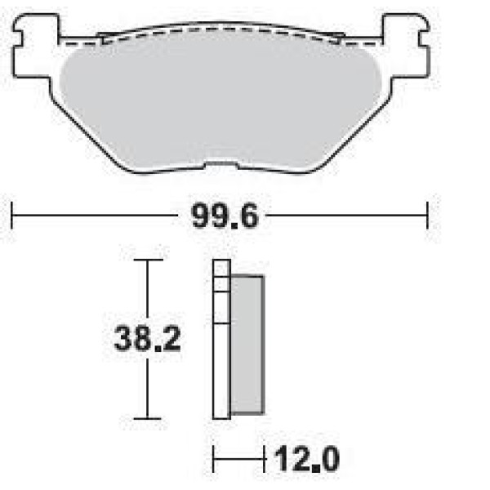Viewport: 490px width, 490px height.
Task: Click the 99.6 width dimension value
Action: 225,216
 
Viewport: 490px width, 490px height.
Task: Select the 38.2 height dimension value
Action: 148,339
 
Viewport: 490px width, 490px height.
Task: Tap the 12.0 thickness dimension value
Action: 307,459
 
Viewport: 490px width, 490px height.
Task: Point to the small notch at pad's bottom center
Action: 221,165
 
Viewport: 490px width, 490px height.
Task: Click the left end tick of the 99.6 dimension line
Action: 11,216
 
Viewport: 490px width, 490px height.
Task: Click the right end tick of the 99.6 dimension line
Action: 427,216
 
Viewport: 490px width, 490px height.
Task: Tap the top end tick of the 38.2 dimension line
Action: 148,260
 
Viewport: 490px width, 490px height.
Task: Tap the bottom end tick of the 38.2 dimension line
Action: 147,418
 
